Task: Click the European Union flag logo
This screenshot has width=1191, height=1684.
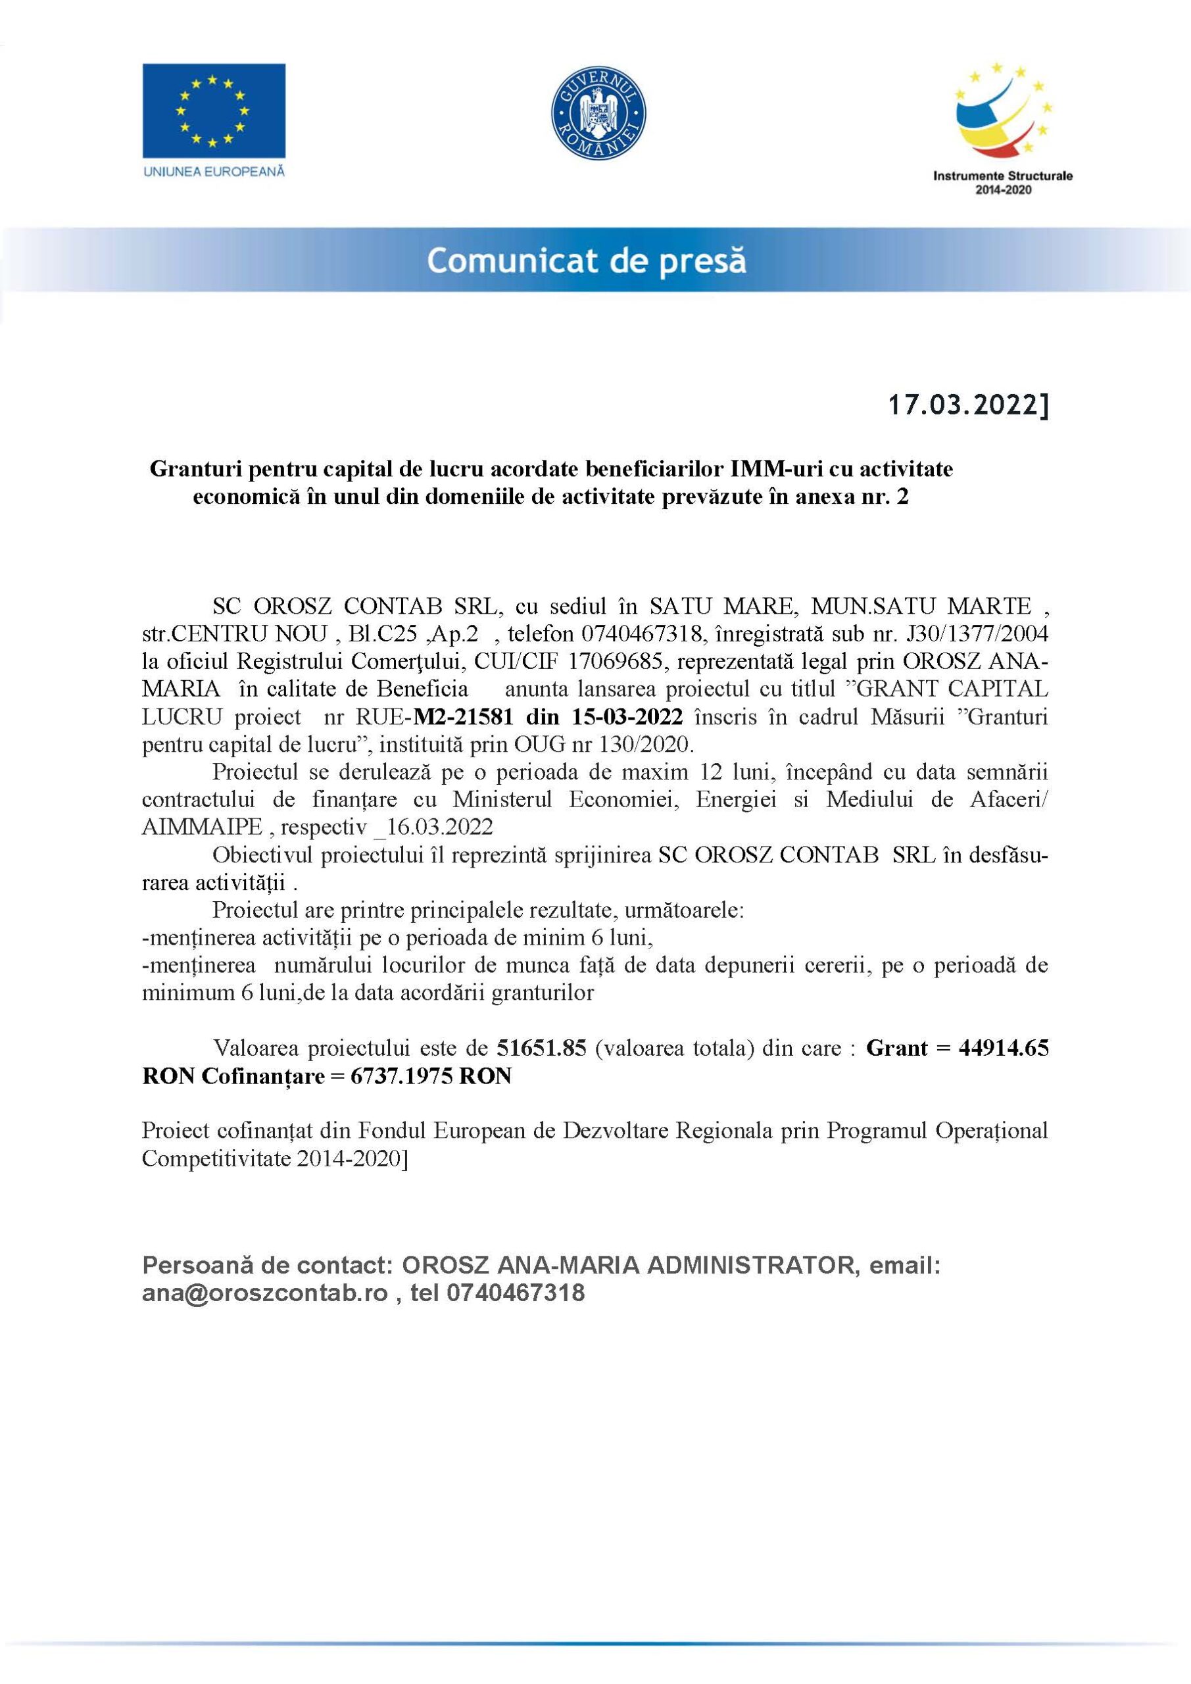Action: (x=214, y=111)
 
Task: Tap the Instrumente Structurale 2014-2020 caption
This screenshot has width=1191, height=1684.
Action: (x=1002, y=183)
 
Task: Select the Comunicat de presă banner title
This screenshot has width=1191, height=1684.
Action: (x=586, y=261)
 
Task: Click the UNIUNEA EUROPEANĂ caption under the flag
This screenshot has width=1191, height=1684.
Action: (x=214, y=172)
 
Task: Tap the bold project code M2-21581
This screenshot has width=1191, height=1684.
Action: (x=464, y=716)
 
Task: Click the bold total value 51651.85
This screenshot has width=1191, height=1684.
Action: (x=541, y=1048)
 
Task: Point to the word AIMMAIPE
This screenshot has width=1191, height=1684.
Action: (x=202, y=828)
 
